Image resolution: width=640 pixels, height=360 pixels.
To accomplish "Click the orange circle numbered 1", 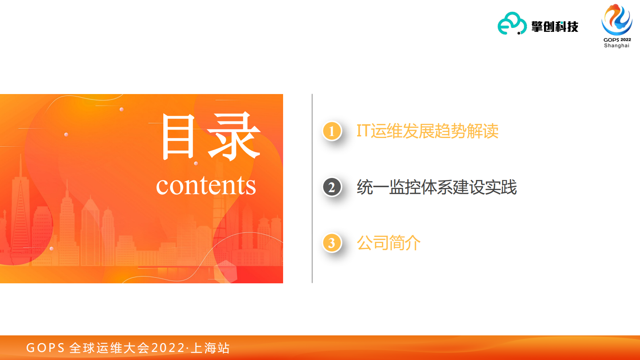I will point(332,131).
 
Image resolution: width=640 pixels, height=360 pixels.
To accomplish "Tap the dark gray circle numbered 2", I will point(332,187).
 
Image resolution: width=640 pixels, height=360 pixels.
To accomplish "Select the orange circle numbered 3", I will point(332,243).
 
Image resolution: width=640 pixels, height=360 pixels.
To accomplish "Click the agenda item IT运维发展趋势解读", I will point(427,131).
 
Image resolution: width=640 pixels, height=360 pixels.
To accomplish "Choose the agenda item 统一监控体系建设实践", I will point(437,187).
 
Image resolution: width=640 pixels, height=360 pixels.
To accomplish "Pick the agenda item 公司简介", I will point(388,243).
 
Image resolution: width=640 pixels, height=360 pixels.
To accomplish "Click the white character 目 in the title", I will point(178,137).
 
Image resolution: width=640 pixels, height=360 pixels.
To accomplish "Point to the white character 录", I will point(234,137).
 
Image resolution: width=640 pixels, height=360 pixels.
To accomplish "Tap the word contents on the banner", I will point(206,185).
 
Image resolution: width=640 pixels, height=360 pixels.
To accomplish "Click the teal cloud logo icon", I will point(512,24).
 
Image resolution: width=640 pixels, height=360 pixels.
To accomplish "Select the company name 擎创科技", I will point(555,27).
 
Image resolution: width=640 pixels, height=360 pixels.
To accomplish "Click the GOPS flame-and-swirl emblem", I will point(617,20).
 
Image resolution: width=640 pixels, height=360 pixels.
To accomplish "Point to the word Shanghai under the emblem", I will point(617,46).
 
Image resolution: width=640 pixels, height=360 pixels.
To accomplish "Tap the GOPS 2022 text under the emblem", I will point(617,40).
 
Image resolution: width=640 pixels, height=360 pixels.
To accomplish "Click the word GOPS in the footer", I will point(45,347).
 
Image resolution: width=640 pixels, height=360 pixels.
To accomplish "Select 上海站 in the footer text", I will point(210,347).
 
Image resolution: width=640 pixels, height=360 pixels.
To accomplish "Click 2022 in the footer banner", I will point(168,347).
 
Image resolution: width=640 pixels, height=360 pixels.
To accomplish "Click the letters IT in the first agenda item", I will point(363,131).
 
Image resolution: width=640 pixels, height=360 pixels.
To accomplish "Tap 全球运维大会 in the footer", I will point(109,347).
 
